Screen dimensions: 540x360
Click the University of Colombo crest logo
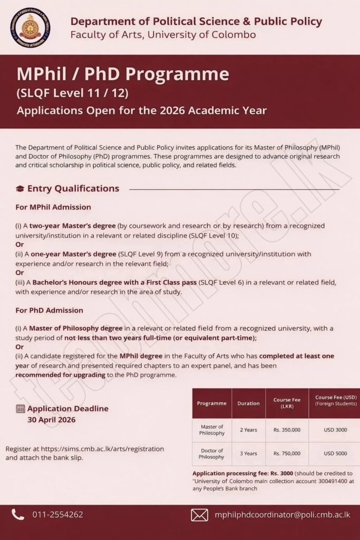click(31, 27)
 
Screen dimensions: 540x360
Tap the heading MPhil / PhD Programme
click(123, 74)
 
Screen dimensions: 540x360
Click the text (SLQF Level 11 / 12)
click(72, 93)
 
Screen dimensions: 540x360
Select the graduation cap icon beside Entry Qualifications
click(20, 189)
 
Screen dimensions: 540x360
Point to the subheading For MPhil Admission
click(53, 207)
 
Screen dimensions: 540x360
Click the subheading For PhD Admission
click(49, 310)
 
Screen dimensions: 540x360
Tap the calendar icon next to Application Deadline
click(21, 408)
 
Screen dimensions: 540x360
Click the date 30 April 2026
click(52, 420)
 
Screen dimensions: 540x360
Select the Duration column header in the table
click(248, 403)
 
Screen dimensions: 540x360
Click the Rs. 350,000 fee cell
click(287, 430)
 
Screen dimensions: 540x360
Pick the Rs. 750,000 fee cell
click(287, 454)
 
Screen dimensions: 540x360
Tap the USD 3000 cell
click(335, 430)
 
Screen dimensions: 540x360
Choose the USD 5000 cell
click(335, 454)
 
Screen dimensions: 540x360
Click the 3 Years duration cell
click(248, 454)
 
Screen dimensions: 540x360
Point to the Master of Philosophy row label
click(212, 430)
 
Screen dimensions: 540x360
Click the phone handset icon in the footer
click(18, 515)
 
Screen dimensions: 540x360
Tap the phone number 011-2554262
click(57, 515)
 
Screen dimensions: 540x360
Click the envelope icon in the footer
click(199, 515)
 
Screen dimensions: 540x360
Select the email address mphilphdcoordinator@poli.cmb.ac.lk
click(283, 515)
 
